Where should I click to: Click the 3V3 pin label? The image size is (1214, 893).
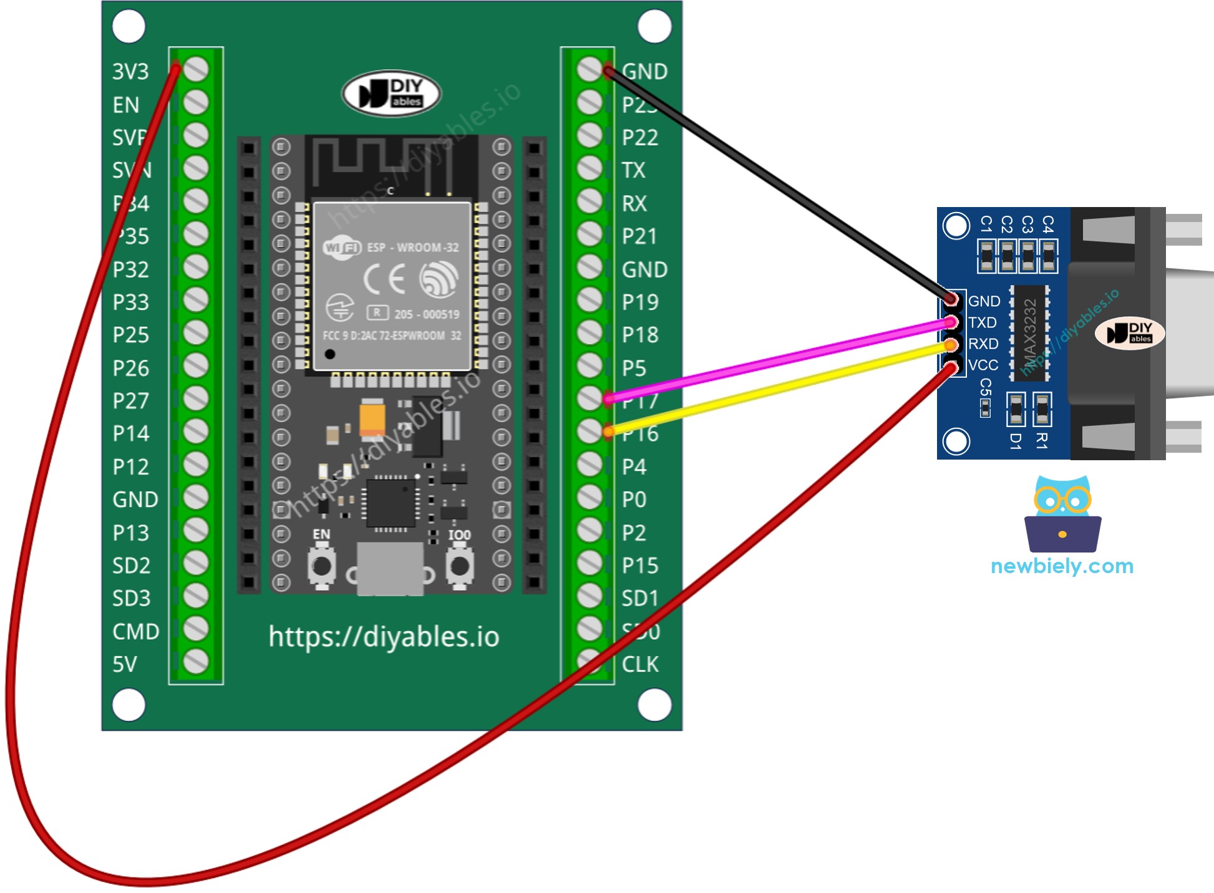click(130, 72)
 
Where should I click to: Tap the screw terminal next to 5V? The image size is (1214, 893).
click(196, 662)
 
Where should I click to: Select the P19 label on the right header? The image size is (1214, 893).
click(640, 302)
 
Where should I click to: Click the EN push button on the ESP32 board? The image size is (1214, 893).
click(322, 566)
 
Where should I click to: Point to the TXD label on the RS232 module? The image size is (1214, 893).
click(982, 322)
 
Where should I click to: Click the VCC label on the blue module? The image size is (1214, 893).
click(983, 365)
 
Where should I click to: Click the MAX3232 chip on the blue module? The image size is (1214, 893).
click(1029, 333)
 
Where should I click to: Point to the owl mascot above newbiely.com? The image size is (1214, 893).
click(1062, 513)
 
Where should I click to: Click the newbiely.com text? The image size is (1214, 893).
click(1062, 566)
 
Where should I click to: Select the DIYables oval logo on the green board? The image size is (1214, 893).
click(392, 94)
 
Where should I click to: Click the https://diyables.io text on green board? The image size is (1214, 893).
click(384, 637)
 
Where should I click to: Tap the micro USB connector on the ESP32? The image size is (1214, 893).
click(390, 567)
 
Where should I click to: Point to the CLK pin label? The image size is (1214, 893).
click(640, 664)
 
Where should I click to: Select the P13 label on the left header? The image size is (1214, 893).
click(131, 533)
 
